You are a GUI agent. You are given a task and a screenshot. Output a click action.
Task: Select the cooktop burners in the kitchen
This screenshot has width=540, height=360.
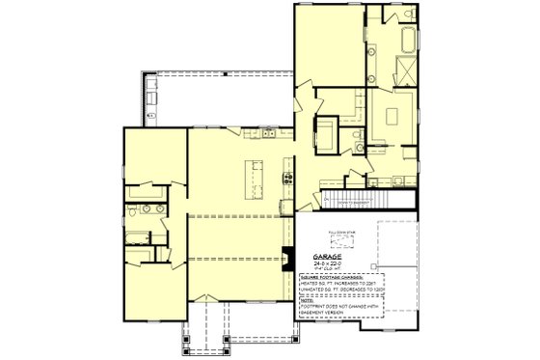(x=286, y=177)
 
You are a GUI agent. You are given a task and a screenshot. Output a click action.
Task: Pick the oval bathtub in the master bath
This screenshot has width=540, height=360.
(x=405, y=41)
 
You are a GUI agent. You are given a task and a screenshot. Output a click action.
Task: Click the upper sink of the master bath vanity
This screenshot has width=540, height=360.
(x=358, y=133)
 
